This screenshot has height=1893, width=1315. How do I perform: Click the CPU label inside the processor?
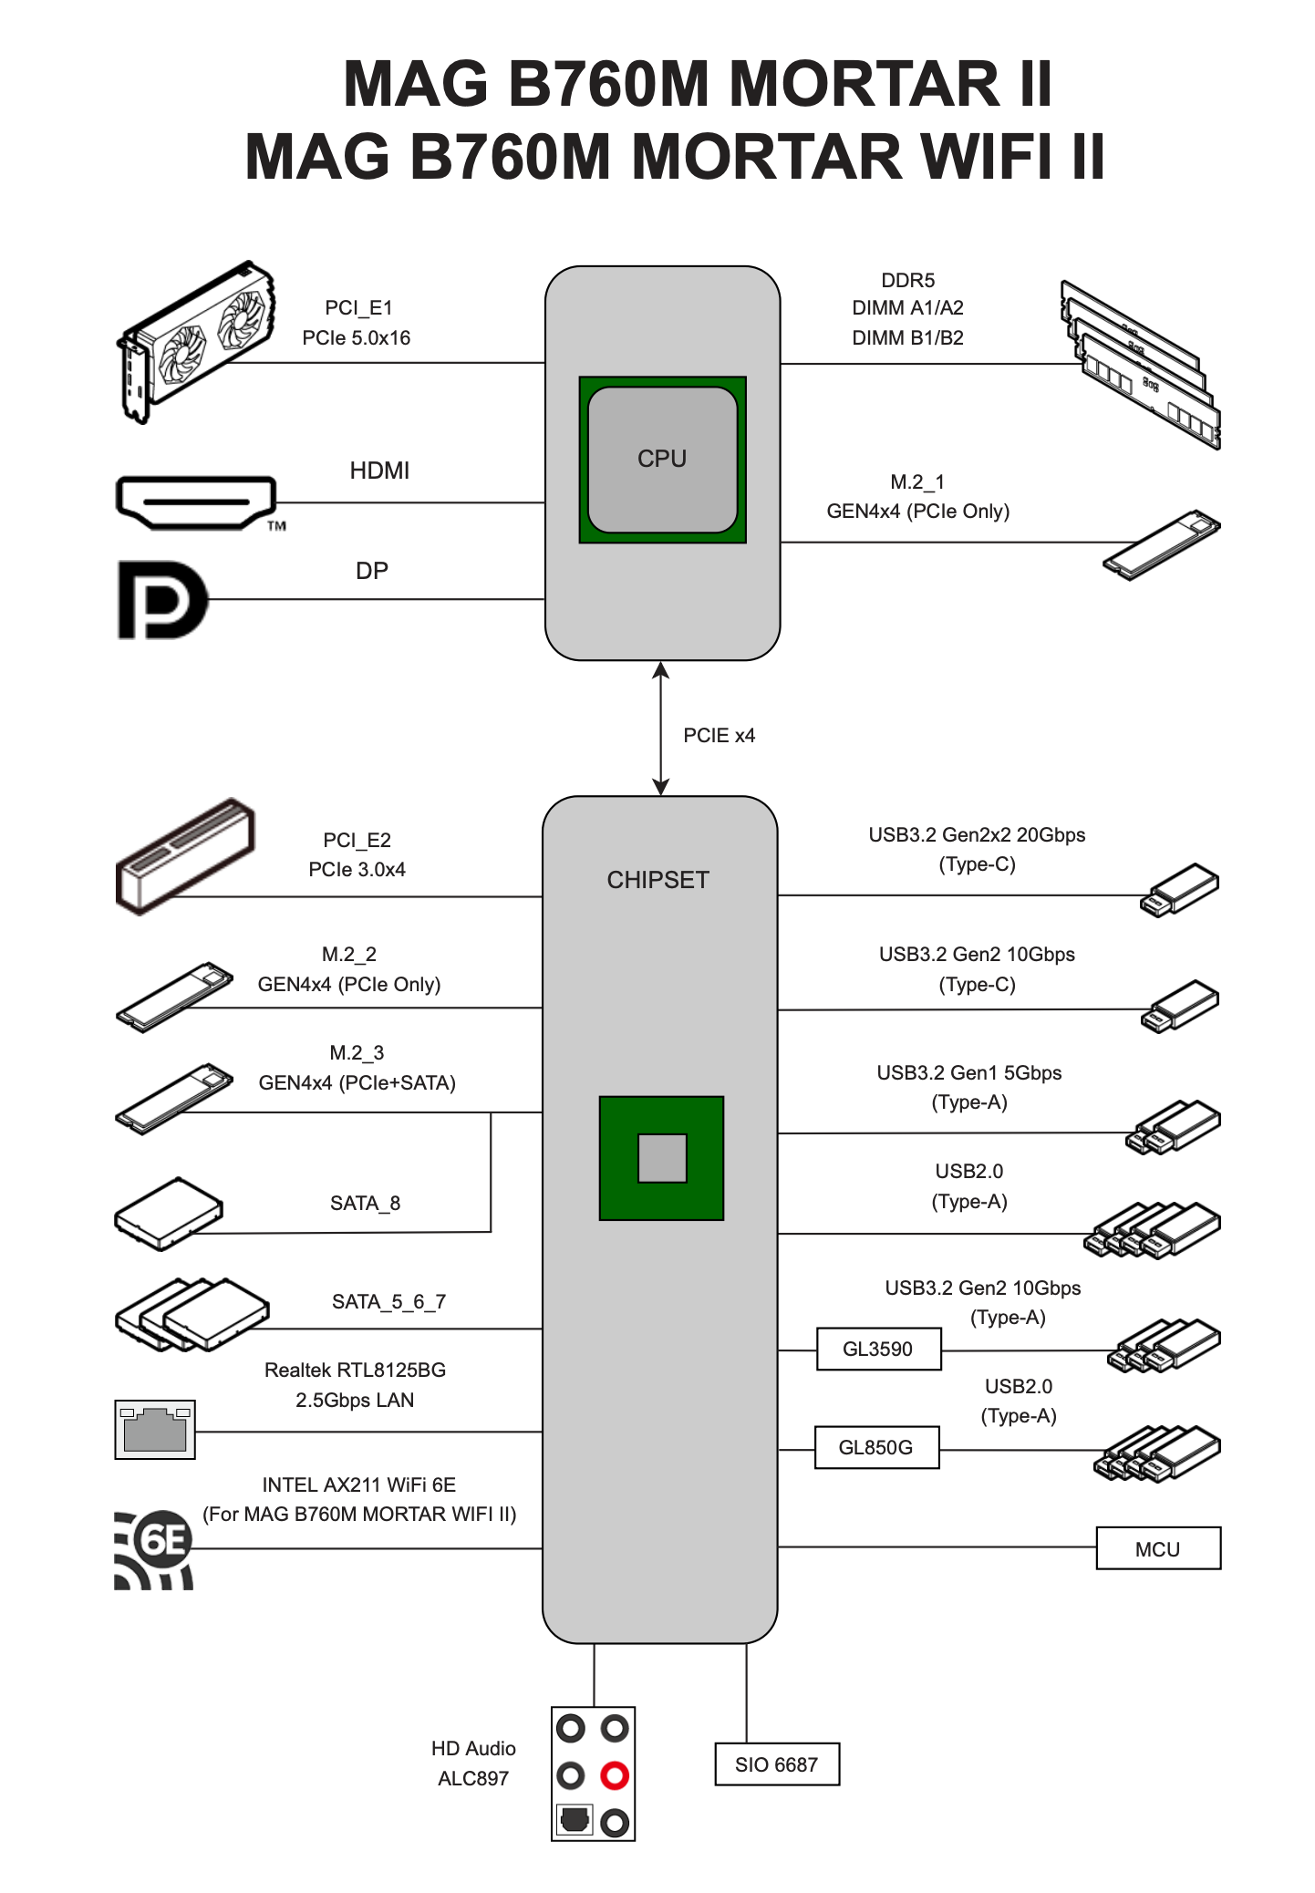pos(662,459)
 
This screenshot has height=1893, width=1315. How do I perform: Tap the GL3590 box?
pos(878,1349)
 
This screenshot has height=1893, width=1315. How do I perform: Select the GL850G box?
pos(875,1447)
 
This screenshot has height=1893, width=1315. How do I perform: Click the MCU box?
pos(1157,1548)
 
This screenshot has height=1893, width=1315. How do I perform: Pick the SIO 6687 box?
pos(776,1764)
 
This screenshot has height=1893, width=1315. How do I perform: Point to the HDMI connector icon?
pos(196,502)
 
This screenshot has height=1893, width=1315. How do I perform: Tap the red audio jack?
pos(615,1775)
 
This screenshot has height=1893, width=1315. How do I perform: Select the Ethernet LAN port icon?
pos(155,1430)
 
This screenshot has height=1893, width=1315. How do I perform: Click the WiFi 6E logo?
pos(155,1548)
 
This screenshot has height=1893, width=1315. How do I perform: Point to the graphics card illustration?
pos(196,344)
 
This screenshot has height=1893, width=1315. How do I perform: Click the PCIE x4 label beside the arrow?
pos(719,735)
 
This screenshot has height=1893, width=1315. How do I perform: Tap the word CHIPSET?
pos(657,880)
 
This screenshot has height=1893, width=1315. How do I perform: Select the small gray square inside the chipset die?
pos(662,1158)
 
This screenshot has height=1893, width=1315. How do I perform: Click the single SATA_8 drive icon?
pos(169,1213)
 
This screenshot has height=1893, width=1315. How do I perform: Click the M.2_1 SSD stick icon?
pos(1161,544)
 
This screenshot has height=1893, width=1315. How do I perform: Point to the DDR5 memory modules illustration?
pos(1140,365)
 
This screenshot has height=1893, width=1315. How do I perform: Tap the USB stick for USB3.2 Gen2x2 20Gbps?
pos(1179,891)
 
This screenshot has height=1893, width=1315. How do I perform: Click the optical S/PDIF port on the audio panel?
pos(574,1820)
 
